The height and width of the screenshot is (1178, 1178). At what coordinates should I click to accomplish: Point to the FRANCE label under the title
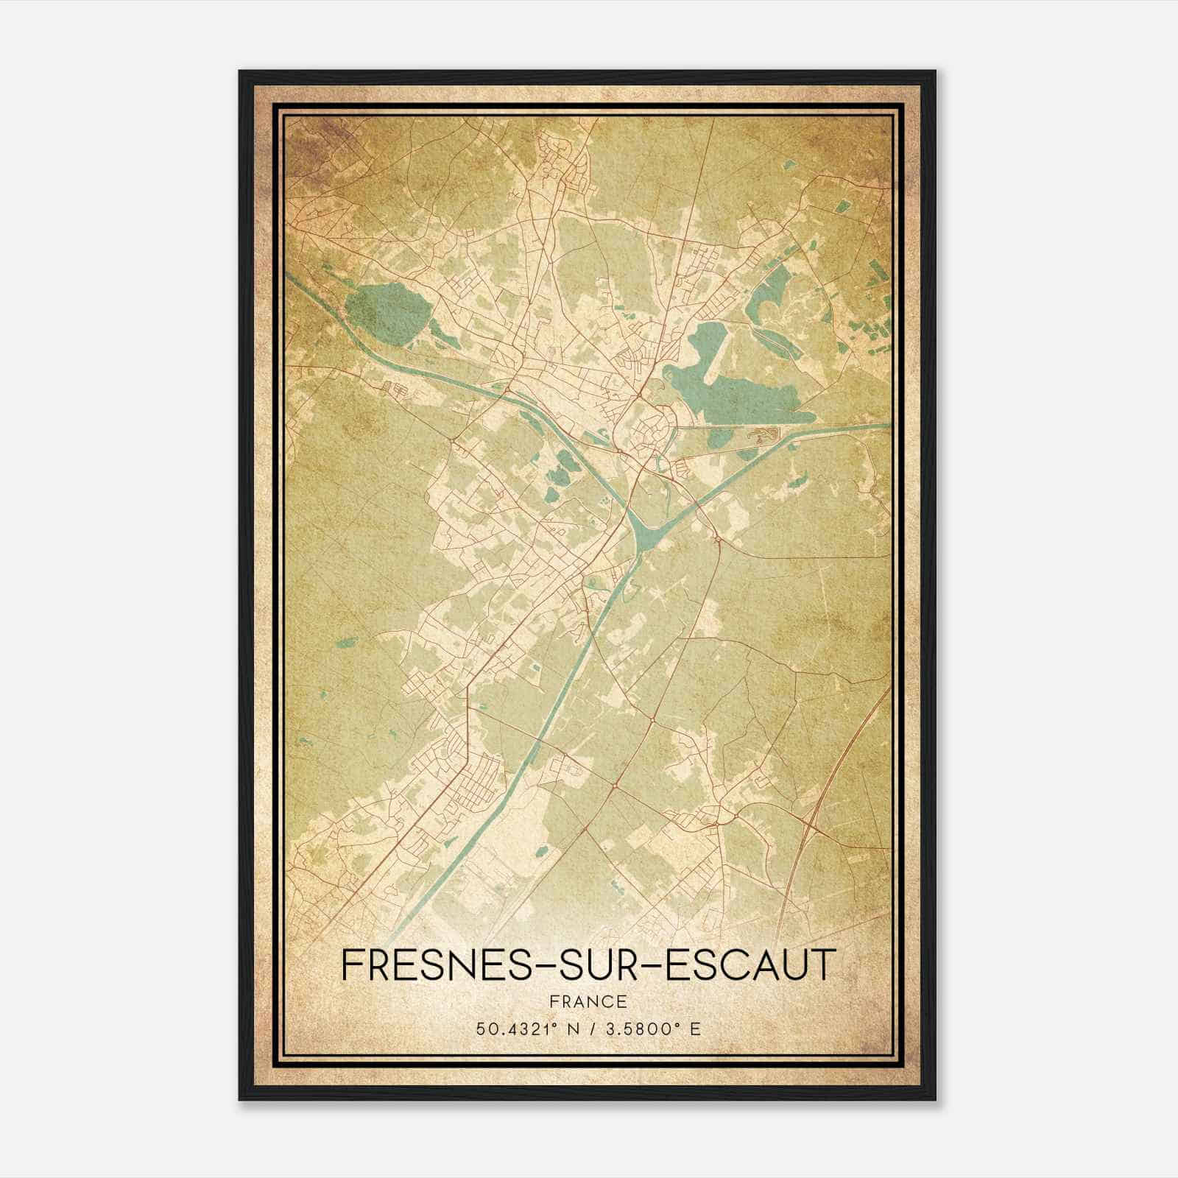pyautogui.click(x=588, y=1001)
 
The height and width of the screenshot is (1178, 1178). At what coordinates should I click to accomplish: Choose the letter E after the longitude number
pyautogui.click(x=695, y=1029)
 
